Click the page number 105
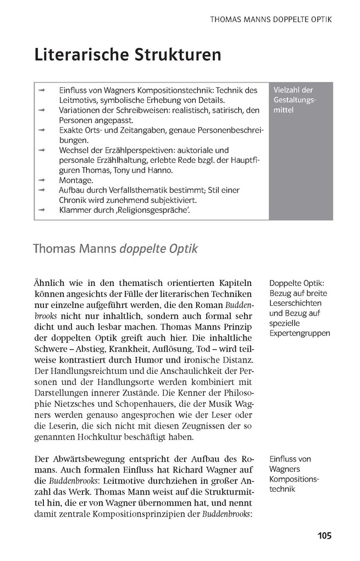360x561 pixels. click(324, 535)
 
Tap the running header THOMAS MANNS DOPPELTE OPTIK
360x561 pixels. click(272, 19)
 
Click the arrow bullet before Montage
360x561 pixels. click(41, 180)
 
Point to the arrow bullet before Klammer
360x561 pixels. click(41, 210)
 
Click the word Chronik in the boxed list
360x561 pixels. click(75, 200)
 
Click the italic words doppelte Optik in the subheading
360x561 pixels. click(156, 249)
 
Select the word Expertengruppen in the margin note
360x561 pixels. click(300, 334)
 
